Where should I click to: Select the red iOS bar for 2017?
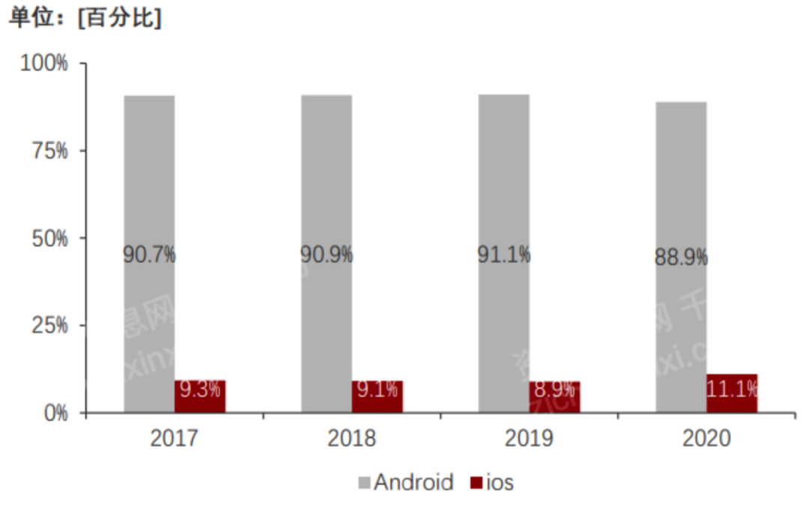coord(200,396)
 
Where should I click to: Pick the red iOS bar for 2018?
coord(377,397)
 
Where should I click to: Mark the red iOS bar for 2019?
coord(554,397)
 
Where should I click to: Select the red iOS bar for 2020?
coord(732,393)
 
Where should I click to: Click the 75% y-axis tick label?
coord(49,151)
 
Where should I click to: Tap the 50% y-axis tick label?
coord(49,238)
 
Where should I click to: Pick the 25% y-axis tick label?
coord(49,326)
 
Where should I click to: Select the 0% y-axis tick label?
coord(54,413)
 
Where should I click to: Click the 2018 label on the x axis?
coord(351,438)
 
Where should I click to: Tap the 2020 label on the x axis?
coord(706,438)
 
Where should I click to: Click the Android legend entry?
coord(405,482)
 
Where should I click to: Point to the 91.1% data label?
coord(504,255)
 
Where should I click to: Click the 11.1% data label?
coord(732,389)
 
